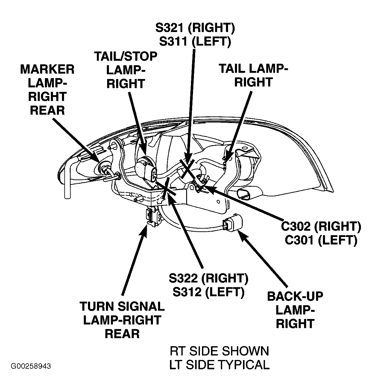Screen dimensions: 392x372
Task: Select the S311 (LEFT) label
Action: point(195,42)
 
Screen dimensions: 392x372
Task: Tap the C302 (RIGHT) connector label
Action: point(321,227)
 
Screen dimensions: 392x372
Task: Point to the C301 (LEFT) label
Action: point(321,240)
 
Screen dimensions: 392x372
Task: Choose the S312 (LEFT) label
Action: point(208,292)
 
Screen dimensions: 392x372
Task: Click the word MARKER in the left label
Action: point(47,69)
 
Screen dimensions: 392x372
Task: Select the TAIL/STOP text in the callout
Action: point(126,56)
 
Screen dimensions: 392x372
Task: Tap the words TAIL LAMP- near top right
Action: point(253,69)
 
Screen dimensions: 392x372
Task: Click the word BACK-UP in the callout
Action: point(295,297)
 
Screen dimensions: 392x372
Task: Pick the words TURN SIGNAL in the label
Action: point(122,306)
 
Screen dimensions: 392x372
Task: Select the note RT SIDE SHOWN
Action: point(219,351)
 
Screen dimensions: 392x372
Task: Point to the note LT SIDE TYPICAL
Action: point(219,364)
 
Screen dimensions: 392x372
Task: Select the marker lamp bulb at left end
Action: point(105,168)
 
